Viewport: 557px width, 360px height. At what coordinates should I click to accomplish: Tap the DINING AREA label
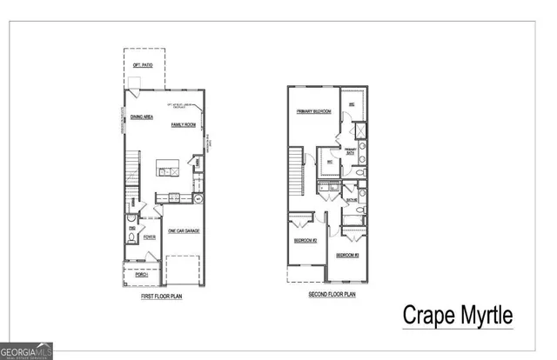click(x=141, y=117)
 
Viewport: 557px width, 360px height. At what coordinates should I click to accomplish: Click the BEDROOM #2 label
click(x=305, y=239)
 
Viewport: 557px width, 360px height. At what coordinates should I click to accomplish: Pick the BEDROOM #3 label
click(x=347, y=255)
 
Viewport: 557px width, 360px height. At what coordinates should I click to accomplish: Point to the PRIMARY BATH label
click(x=351, y=151)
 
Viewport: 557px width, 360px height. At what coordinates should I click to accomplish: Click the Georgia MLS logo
click(x=27, y=350)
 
